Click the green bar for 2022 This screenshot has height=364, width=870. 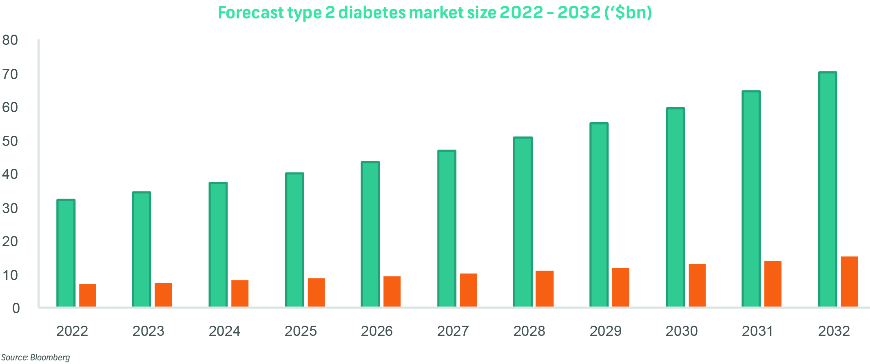[x=66, y=253]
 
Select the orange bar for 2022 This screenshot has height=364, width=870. [x=88, y=295]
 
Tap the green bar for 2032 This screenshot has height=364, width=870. [x=828, y=190]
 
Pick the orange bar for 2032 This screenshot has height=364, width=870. [x=849, y=282]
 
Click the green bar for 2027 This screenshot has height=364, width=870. [x=447, y=229]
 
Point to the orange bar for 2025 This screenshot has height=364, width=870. [x=316, y=292]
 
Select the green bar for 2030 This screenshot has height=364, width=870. [x=675, y=207]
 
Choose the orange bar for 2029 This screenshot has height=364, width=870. [x=621, y=287]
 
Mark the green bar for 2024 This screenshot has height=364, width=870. [x=218, y=245]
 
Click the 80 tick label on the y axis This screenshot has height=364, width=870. [x=10, y=40]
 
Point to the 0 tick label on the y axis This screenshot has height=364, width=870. [x=15, y=309]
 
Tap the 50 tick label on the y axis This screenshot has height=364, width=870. [x=10, y=141]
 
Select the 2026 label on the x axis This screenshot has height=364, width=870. [x=376, y=331]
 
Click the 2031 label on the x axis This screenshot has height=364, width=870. [x=757, y=331]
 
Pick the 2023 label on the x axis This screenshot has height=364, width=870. [x=148, y=331]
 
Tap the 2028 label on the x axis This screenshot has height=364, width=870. [x=529, y=331]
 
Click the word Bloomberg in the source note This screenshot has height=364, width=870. [x=50, y=357]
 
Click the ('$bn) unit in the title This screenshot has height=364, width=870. [x=627, y=13]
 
